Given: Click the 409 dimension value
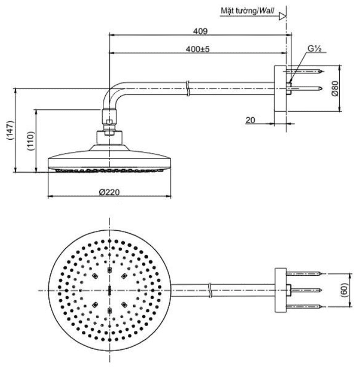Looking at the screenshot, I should (200, 31).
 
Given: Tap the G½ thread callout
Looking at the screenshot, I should (313, 49).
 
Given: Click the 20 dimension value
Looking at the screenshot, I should (250, 120).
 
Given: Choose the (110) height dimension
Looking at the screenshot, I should (30, 140).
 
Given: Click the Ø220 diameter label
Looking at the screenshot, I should (109, 192).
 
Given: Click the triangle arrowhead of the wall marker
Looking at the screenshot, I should (282, 16).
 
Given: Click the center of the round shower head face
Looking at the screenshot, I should (110, 290).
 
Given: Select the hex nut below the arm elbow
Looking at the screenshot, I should (109, 122).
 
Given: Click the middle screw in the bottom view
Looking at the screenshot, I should (306, 289).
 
